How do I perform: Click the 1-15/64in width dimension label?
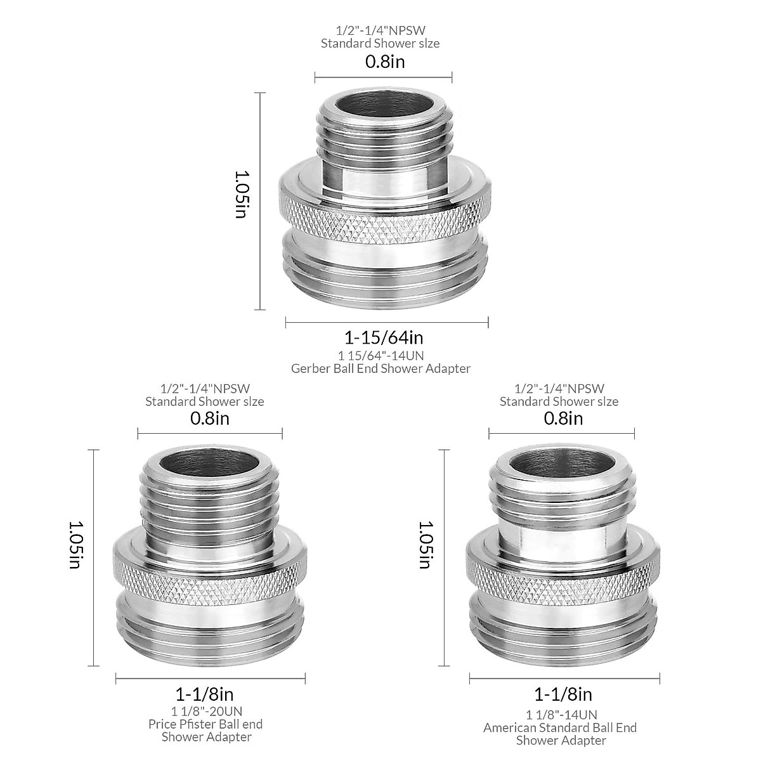(x=384, y=337)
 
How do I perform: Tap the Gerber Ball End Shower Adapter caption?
(x=380, y=368)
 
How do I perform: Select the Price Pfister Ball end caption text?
(x=205, y=724)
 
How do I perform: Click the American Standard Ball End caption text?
(x=560, y=727)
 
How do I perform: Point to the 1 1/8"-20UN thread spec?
(x=207, y=710)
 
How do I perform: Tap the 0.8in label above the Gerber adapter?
(x=384, y=62)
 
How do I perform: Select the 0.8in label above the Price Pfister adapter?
(x=210, y=418)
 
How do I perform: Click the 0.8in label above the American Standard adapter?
(x=563, y=418)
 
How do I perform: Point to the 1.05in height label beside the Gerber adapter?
(x=240, y=194)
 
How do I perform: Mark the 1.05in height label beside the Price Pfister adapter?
(x=75, y=545)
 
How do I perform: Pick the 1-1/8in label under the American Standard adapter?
(x=563, y=694)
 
